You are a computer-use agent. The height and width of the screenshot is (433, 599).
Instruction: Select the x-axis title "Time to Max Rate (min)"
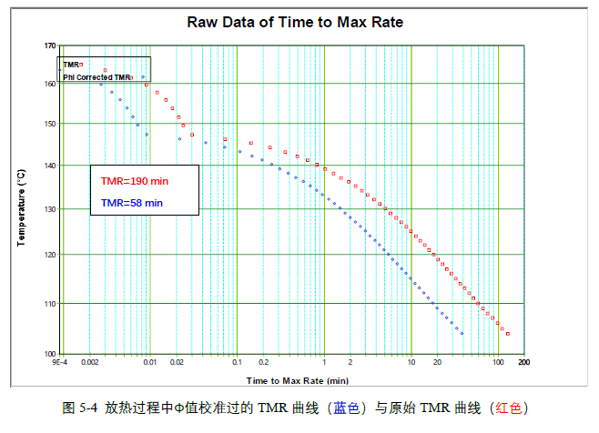297,378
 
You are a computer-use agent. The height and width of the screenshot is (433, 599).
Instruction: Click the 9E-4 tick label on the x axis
59,363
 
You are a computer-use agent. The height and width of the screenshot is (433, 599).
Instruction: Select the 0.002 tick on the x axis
89,363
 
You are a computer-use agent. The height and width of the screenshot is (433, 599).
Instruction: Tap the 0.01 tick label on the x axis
149,363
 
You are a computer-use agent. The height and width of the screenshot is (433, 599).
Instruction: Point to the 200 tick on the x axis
524,363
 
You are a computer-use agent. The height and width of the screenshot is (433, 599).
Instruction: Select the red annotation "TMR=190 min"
135,180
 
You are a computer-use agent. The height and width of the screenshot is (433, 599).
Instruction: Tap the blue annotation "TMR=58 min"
132,202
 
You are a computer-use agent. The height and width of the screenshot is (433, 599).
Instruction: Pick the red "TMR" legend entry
72,65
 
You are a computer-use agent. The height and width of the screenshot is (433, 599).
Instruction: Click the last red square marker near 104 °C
508,334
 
